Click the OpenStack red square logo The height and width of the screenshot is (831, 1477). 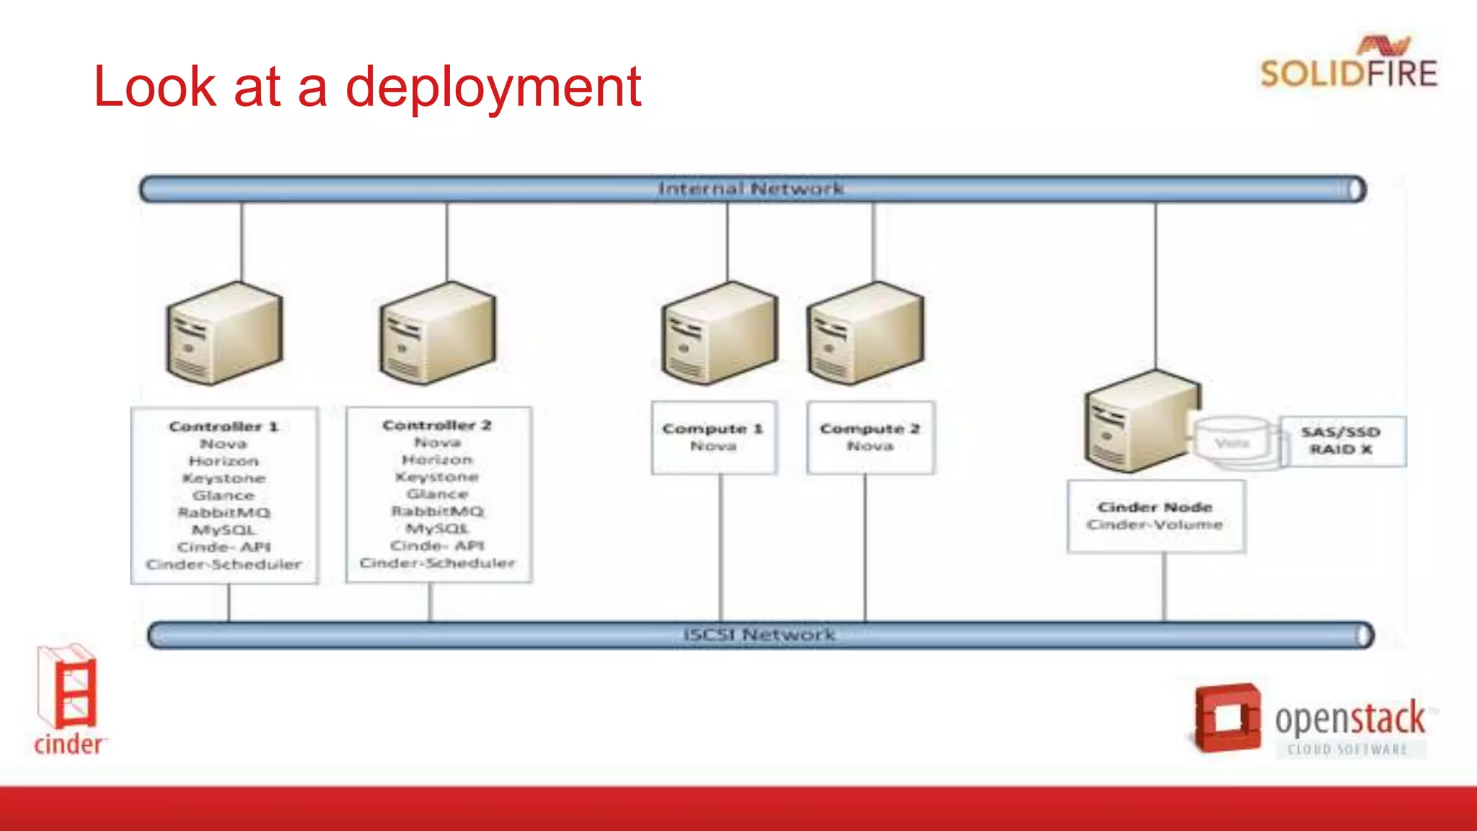tap(1227, 718)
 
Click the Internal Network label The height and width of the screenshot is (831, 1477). tap(750, 189)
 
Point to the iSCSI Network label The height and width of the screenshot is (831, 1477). tap(759, 635)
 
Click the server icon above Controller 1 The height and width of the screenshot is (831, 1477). tap(224, 333)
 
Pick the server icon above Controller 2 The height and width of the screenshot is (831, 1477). tap(438, 333)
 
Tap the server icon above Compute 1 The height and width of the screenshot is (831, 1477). tap(719, 333)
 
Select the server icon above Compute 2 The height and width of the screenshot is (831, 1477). tap(865, 333)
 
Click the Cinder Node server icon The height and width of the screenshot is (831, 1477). tap(1141, 421)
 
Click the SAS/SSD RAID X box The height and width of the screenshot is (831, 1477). tap(1341, 441)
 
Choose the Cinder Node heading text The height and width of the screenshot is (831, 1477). tap(1155, 507)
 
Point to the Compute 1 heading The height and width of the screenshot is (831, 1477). tap(713, 428)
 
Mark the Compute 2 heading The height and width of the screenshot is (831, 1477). tap(870, 428)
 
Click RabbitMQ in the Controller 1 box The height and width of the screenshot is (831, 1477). tap(224, 513)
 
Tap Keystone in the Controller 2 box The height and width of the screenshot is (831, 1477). tap(437, 477)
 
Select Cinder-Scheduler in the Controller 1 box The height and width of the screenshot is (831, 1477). tap(224, 564)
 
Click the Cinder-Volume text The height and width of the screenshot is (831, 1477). tap(1155, 524)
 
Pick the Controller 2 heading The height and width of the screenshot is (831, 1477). tap(437, 425)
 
